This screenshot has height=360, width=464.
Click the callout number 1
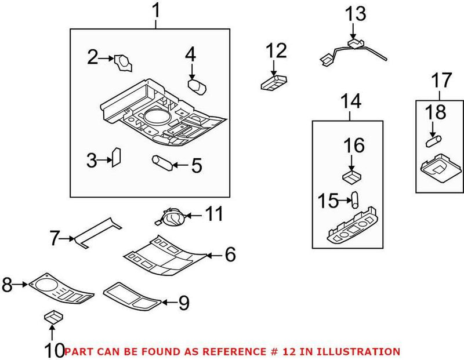coord(155,11)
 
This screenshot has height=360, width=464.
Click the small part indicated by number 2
coord(122,61)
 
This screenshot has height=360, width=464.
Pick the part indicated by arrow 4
coord(197,86)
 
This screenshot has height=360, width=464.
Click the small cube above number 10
coord(52,317)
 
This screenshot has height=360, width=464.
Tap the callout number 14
coord(351,102)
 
